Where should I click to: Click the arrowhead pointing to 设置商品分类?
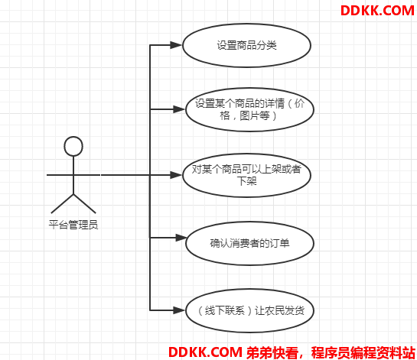tap(176, 45)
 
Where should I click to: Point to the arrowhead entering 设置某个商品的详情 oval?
tap(179, 109)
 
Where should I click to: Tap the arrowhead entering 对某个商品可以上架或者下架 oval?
tap(176, 175)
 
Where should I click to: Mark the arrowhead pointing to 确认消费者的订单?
tap(181, 238)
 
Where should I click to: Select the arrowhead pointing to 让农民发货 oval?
tap(179, 310)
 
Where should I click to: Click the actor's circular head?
tap(73, 146)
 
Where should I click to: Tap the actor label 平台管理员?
tap(73, 225)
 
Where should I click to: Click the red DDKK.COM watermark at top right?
tap(377, 11)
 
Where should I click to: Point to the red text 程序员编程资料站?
tap(363, 352)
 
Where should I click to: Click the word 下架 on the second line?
tap(247, 181)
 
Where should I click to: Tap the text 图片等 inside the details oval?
tap(255, 115)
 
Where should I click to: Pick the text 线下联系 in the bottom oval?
tap(225, 310)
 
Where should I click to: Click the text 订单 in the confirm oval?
tap(279, 243)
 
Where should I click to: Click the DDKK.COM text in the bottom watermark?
tap(205, 352)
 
